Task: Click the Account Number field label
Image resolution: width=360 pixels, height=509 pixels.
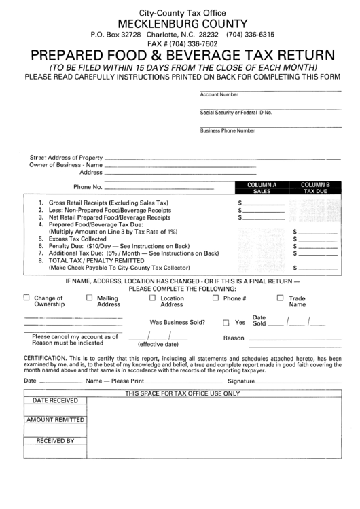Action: (219, 95)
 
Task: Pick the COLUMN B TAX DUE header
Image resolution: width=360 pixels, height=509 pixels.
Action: (315, 188)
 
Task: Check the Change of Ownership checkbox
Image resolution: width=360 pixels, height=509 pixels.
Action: (27, 297)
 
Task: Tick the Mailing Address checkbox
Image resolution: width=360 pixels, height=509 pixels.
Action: (89, 297)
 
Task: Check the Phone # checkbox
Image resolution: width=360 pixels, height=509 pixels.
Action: (216, 297)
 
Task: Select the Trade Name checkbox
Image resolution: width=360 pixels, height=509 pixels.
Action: (280, 297)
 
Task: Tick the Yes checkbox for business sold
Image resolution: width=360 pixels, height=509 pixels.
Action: (226, 323)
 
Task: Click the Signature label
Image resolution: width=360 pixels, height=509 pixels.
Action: (241, 381)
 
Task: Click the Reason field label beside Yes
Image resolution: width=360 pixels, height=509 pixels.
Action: (234, 338)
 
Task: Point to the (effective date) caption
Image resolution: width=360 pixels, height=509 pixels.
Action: (158, 344)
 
